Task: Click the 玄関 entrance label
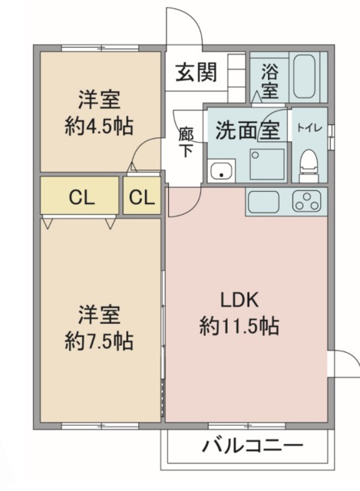click(197, 72)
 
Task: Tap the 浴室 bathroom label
click(269, 81)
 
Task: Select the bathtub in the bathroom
click(304, 77)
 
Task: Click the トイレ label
click(309, 128)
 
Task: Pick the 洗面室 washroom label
click(247, 130)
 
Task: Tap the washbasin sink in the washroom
click(222, 170)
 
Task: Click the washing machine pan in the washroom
click(267, 164)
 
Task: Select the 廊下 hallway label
click(186, 142)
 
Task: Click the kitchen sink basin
click(263, 202)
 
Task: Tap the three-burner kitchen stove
click(307, 201)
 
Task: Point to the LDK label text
click(239, 300)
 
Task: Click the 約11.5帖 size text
click(239, 326)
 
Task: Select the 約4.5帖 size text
click(99, 126)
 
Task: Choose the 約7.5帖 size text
click(99, 341)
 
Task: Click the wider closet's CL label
click(81, 198)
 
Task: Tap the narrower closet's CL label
click(142, 198)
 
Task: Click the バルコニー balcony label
click(253, 446)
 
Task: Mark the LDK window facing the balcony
click(247, 426)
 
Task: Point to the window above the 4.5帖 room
click(100, 48)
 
